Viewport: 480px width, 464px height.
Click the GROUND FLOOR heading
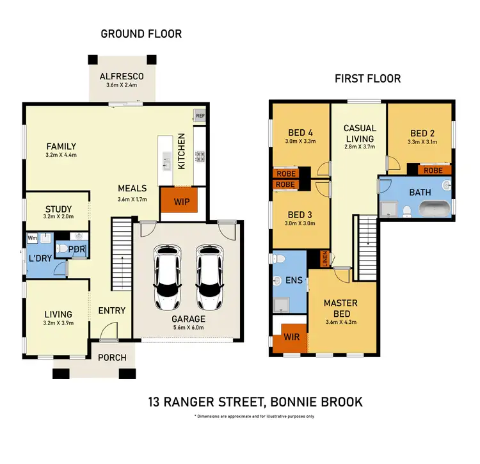coord(141,33)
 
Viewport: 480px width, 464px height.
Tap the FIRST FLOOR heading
coord(367,79)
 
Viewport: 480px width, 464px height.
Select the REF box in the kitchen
coord(200,116)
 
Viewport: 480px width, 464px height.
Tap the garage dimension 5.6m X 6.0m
coord(188,329)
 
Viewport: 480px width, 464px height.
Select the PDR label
coord(77,250)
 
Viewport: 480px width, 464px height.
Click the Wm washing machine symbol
coord(32,237)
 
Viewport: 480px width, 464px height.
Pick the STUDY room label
coord(58,209)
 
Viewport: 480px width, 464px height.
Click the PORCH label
coord(111,357)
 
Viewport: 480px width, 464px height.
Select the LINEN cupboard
coord(324,257)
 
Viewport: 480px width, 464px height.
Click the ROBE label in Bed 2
coord(433,171)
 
